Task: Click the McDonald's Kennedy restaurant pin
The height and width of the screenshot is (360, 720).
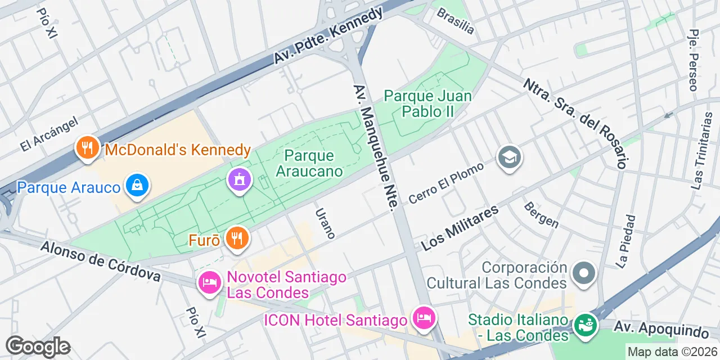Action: (87, 148)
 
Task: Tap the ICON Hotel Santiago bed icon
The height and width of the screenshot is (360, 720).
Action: (423, 319)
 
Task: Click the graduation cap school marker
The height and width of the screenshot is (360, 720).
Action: (510, 157)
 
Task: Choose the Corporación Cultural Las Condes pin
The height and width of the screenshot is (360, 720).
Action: (583, 274)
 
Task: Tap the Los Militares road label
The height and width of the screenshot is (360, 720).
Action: (460, 228)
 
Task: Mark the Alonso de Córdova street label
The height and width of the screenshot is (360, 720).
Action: (101, 261)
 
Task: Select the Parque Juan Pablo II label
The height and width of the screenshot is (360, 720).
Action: (427, 103)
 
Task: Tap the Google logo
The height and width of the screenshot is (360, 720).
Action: (38, 346)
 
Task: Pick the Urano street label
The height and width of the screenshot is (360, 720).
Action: (325, 223)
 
